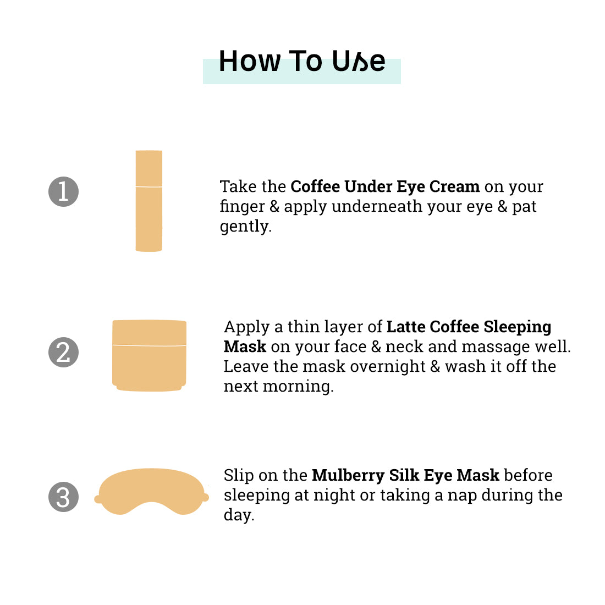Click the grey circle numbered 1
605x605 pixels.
click(64, 192)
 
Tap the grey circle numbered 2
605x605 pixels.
click(64, 352)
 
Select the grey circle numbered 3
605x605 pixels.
click(64, 497)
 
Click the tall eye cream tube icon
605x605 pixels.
click(149, 201)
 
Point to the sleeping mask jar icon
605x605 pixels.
click(149, 355)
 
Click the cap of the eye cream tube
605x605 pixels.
click(149, 168)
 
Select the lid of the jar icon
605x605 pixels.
click(149, 332)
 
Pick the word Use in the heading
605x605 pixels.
click(359, 61)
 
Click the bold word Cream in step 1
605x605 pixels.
click(454, 186)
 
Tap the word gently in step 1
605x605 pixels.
click(245, 227)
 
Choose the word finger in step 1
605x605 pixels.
click(243, 206)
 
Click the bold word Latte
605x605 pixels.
click(406, 327)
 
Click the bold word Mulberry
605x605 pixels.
click(348, 475)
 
